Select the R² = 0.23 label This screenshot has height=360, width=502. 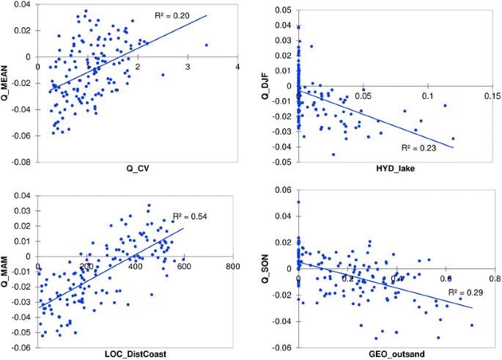coord(417,147)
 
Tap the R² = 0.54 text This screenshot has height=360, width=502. coord(188,216)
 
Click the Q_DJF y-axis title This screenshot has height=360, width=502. coord(266,83)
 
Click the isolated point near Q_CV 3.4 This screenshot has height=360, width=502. coord(207,45)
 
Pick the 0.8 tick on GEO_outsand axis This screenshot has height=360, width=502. coord(493,279)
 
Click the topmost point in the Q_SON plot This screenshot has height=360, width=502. coord(298,202)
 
